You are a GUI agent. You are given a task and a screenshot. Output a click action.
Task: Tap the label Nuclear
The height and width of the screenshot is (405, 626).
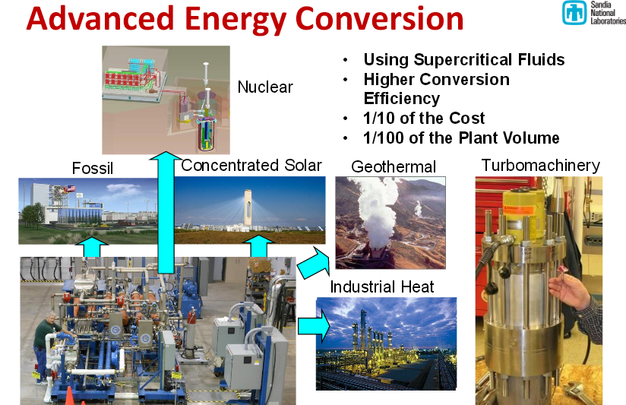264,87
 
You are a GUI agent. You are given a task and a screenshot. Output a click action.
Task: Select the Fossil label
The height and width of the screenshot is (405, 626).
92,168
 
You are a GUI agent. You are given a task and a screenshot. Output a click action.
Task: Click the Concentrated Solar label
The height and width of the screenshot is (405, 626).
251,165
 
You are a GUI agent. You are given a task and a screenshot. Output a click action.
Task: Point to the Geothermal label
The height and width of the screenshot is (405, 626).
394,166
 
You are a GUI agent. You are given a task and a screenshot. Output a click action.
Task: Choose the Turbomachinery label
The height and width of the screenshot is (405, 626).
540,165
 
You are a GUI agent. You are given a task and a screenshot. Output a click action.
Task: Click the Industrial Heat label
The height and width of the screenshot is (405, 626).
382,286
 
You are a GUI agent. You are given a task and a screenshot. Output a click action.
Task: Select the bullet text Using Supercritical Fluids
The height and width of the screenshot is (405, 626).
463,60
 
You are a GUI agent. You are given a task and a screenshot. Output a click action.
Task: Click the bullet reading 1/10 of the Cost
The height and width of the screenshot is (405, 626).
424,119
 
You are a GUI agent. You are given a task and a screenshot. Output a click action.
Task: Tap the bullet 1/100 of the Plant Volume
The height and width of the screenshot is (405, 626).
461,138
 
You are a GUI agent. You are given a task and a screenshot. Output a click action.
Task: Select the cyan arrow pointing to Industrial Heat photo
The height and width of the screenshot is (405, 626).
312,326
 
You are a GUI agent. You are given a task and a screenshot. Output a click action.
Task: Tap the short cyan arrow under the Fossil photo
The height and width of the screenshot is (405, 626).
91,247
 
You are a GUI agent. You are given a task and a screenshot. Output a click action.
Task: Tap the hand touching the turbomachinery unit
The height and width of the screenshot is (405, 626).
574,293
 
